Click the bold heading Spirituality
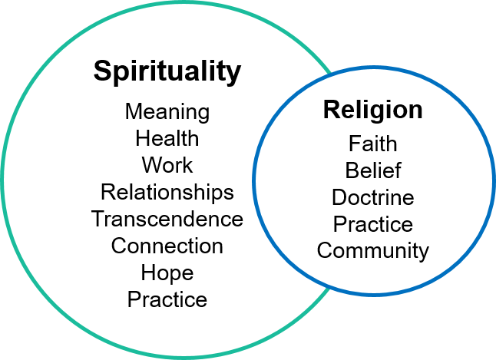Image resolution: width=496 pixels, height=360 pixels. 167,72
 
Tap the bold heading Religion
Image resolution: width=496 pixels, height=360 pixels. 372,110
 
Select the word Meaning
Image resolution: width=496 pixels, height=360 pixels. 167,112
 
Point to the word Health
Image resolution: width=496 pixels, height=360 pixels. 167,139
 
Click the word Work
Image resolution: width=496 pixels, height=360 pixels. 167,165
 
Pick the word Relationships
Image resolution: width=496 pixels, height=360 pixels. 167,191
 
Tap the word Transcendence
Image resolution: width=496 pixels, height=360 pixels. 167,219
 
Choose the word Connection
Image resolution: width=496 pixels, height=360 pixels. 167,246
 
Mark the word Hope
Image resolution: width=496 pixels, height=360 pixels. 167,273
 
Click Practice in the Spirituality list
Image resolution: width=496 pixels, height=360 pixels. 167,299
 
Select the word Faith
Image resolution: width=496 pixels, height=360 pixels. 372,144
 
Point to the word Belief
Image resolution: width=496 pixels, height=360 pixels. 372,170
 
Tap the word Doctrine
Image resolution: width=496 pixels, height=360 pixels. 372,197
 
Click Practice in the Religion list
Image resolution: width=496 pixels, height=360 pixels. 372,224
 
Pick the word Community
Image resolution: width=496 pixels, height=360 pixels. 372,250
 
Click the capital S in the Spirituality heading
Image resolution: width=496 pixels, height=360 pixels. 101,72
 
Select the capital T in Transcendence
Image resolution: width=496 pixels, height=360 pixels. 98,219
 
